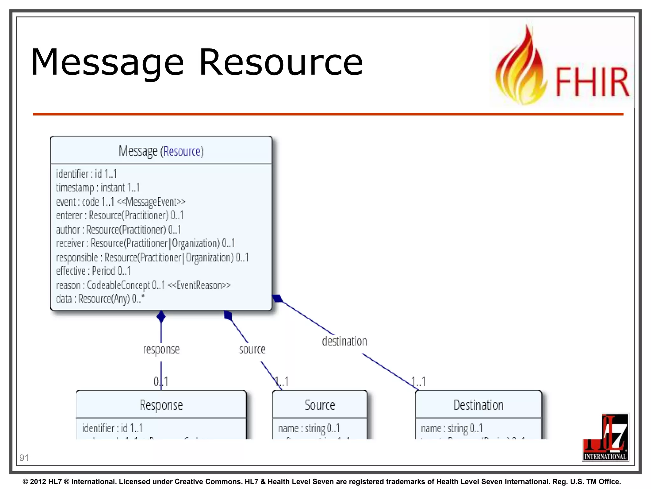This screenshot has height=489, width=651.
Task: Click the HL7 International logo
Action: point(605,438)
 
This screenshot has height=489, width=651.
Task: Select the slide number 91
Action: point(24,458)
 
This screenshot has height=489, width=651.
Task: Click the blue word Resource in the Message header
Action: point(182,151)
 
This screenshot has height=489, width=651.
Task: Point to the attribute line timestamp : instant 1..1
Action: point(98,188)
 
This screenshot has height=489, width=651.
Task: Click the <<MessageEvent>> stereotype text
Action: point(151,202)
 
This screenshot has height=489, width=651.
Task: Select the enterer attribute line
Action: point(120,216)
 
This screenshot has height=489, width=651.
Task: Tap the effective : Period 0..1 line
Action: point(93,271)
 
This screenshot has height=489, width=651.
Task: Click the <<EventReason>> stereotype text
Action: point(199,285)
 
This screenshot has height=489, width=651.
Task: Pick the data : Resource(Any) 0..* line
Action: point(100,299)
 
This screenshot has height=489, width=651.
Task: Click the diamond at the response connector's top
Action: point(161,316)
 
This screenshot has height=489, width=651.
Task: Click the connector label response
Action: point(161,349)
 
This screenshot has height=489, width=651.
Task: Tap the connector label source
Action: point(252,349)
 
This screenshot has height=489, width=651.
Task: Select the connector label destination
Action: point(344,341)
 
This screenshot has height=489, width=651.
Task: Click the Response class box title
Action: point(161,405)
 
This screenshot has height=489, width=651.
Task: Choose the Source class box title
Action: point(319,405)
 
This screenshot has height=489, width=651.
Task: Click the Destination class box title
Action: point(478,405)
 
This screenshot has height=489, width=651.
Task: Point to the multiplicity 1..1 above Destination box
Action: point(419,381)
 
